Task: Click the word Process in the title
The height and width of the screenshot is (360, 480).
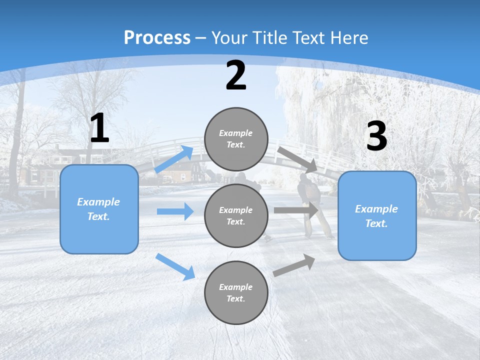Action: (157, 37)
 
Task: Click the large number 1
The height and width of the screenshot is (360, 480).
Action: (99, 128)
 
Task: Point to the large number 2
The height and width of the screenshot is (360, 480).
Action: (236, 76)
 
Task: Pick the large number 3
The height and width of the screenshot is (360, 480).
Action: (376, 136)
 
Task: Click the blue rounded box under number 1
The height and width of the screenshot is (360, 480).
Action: (99, 209)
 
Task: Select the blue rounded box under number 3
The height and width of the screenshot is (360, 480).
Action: (377, 216)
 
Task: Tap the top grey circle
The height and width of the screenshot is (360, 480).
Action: (236, 139)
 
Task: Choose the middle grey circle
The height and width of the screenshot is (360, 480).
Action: (236, 215)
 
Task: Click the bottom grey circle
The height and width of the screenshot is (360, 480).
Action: (236, 292)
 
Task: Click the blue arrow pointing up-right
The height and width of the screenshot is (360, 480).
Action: (174, 159)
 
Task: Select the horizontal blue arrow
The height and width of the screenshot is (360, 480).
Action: (175, 211)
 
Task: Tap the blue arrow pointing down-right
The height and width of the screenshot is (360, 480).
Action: (175, 266)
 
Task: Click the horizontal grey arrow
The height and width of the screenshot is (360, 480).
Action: (296, 210)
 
